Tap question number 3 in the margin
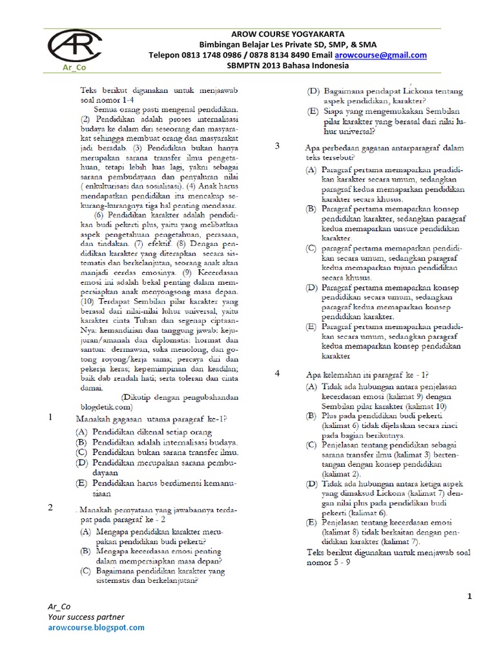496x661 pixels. click(277, 146)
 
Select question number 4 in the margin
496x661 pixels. click(277, 373)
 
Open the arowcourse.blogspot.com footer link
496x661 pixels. click(96, 627)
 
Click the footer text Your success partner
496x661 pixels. click(86, 616)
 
